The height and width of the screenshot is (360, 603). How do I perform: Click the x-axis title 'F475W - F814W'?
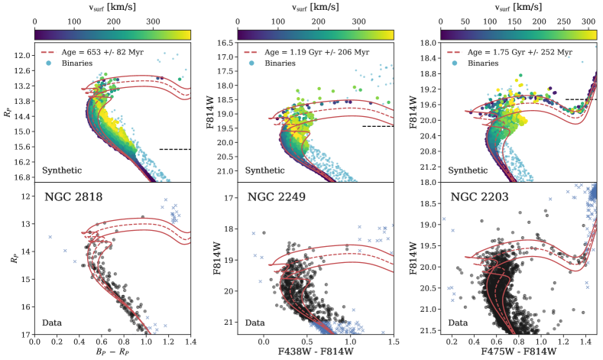(522, 349)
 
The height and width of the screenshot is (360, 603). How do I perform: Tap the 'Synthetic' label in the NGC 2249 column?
(267, 170)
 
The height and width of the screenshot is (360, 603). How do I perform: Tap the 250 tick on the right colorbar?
(565, 23)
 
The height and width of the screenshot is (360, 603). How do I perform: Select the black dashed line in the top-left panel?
(175, 149)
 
